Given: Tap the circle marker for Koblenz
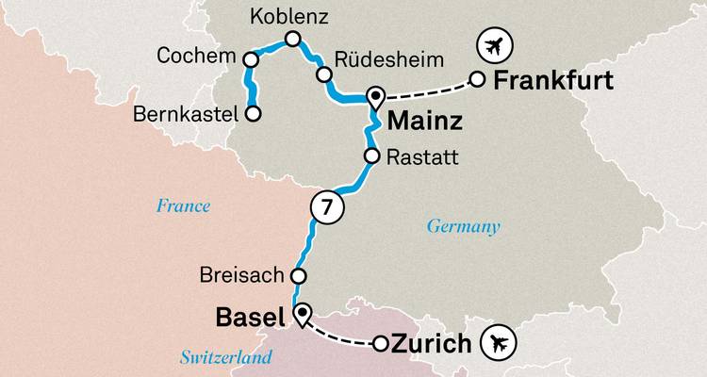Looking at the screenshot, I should tap(292, 40).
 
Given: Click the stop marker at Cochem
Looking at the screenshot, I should tap(251, 58).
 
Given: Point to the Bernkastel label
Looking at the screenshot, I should tap(191, 115).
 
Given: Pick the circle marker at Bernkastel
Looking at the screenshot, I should tap(253, 114).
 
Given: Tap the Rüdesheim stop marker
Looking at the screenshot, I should tap(323, 74).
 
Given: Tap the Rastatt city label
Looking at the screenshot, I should tap(422, 156).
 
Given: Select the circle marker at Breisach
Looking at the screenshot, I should tap(298, 276).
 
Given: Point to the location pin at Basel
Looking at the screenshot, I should tap(302, 315).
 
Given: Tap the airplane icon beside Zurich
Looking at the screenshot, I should tap(500, 344).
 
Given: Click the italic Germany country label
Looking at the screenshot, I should tap(463, 226).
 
